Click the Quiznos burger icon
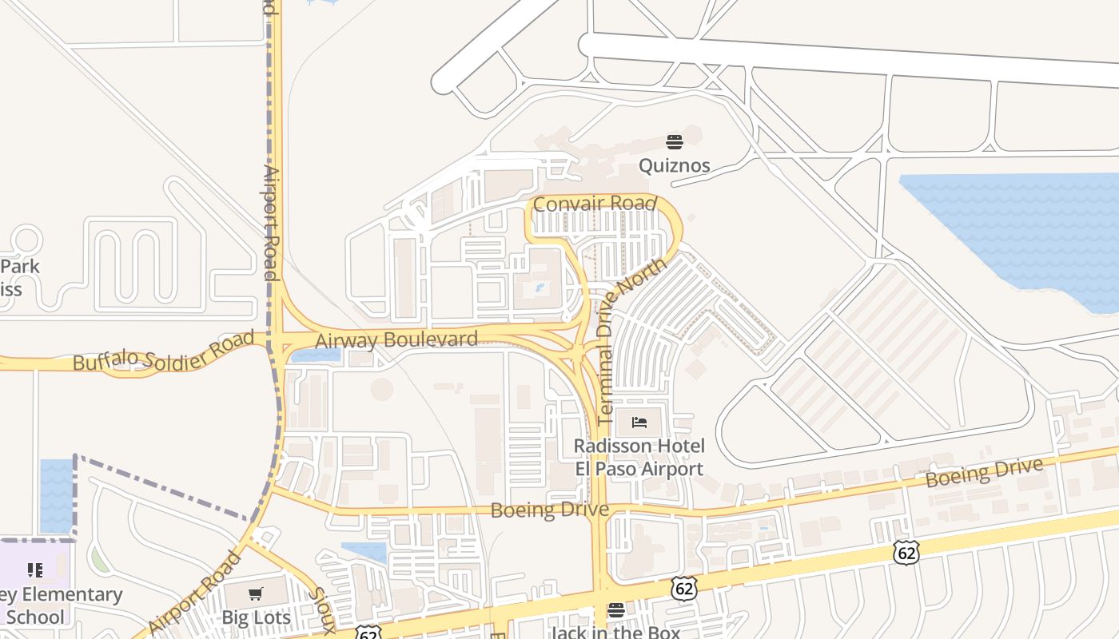(675, 142)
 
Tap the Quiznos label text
(675, 166)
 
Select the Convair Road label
(595, 204)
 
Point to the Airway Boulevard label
(396, 339)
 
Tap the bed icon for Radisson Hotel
(639, 422)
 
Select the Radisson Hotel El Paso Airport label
(639, 457)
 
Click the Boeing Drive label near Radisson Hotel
(549, 510)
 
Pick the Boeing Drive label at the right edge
(985, 473)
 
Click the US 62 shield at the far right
(907, 552)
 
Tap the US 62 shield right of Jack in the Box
(683, 589)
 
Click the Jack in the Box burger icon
(615, 610)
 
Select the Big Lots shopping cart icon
(255, 593)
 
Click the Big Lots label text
(255, 617)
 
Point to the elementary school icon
(34, 570)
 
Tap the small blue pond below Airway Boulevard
(315, 355)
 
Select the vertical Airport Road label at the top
(270, 224)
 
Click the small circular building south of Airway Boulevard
(382, 389)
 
